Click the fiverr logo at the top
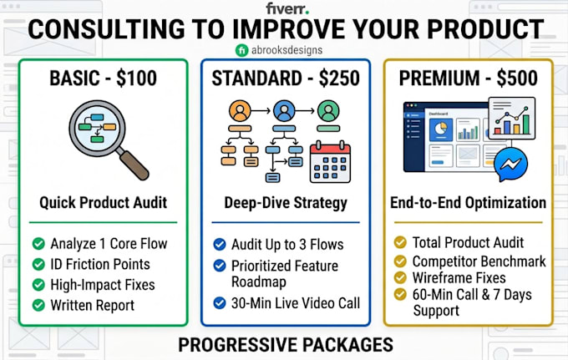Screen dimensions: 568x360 pos(287,8)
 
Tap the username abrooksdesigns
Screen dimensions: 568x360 pos(287,50)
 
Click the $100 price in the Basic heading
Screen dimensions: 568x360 pos(136,79)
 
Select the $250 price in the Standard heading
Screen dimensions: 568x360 pos(339,79)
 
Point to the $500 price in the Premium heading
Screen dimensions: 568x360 pos(517,79)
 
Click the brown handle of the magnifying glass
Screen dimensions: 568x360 pos(134,165)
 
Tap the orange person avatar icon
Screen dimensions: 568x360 pos(240,111)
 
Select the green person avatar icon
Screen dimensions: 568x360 pos(328,111)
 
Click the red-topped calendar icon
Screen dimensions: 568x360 pos(331,162)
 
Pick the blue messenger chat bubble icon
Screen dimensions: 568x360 pos(510,164)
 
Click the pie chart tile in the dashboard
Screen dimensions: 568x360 pos(440,129)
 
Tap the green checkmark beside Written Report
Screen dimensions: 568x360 pos(38,306)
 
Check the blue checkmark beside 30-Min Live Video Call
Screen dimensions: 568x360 pos(220,302)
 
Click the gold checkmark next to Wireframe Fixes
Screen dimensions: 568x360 pos(400,278)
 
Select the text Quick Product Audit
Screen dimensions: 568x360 pos(104,203)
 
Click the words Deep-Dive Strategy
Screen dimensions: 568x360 pos(286,203)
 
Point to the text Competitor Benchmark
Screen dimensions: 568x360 pos(479,261)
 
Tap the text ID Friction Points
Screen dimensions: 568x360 pos(100,265)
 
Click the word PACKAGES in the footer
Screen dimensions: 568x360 pos(347,344)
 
